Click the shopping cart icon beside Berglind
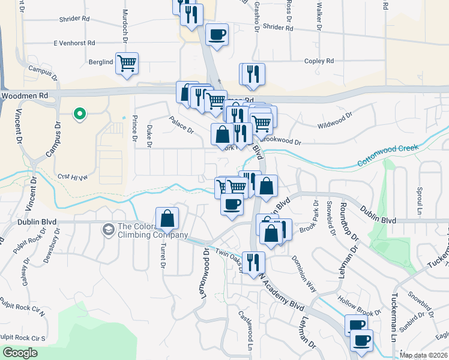127,63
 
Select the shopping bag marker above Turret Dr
167,219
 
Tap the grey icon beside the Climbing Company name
108,229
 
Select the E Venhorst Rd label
74,43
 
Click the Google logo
20,353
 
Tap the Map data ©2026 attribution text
423,355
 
